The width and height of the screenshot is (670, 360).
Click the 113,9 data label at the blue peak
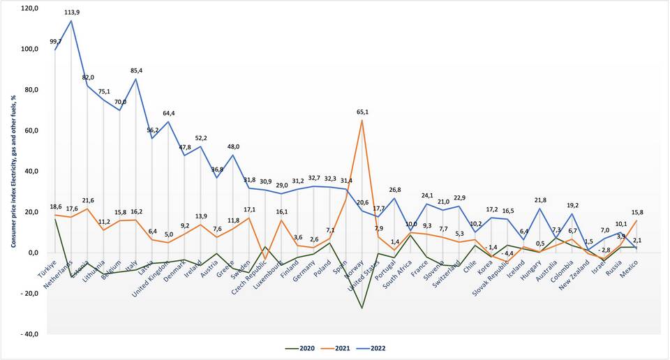tap(72, 13)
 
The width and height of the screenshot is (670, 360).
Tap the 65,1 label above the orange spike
tap(362, 112)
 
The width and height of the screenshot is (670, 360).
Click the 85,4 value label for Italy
tap(137, 70)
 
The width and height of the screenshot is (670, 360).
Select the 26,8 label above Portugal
tap(394, 190)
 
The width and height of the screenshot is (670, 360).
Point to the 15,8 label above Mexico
tap(637, 213)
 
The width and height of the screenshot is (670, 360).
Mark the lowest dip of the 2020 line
tap(362, 308)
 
